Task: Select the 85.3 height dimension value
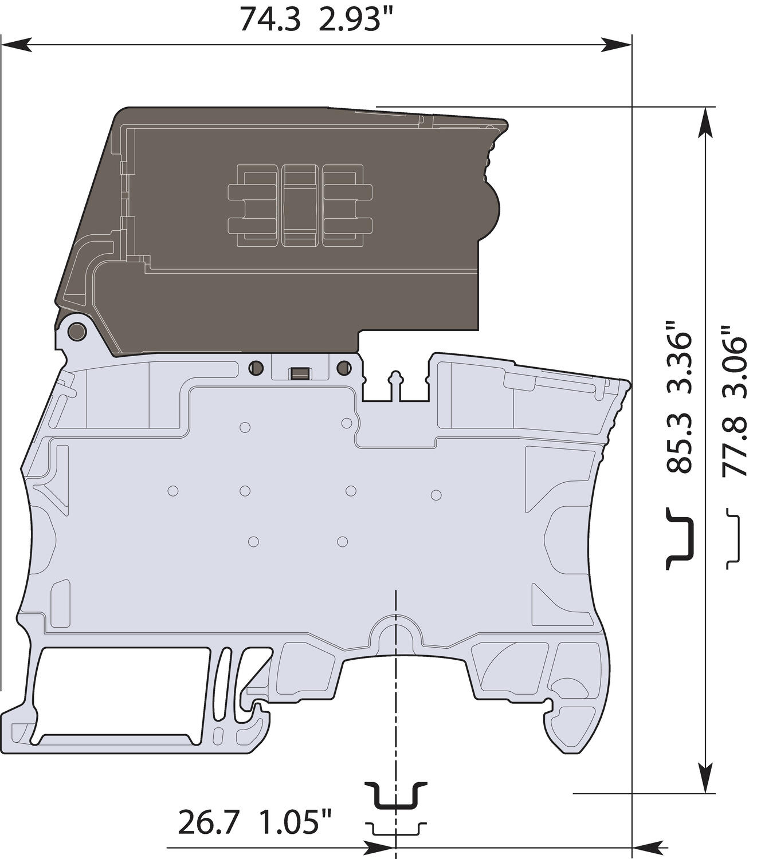coord(680,444)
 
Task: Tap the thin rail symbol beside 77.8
coord(733,538)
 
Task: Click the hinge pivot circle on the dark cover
coord(76,330)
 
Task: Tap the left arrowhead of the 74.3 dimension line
coord(14,44)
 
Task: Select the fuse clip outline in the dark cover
coord(300,206)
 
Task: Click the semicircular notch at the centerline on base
coord(396,636)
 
